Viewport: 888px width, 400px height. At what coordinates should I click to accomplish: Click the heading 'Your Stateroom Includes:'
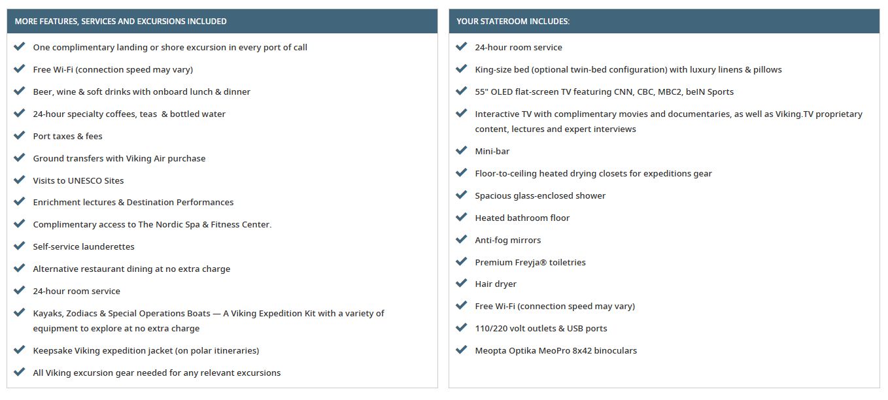point(513,22)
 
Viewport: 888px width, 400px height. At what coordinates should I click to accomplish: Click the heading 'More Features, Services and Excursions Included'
point(120,22)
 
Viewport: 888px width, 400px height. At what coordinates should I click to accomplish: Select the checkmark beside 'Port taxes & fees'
point(20,135)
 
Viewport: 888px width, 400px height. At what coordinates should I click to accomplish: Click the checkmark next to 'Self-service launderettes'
point(20,246)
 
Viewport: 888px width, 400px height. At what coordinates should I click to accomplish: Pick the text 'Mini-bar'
point(492,151)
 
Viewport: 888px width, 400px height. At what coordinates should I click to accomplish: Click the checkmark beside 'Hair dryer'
point(462,284)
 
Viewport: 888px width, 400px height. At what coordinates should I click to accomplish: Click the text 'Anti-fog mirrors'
point(507,240)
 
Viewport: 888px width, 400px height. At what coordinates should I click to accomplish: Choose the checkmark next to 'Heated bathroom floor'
point(462,217)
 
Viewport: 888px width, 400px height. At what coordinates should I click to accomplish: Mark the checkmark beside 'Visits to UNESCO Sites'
point(20,180)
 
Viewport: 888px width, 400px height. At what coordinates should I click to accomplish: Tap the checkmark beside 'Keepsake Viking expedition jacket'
point(20,350)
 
